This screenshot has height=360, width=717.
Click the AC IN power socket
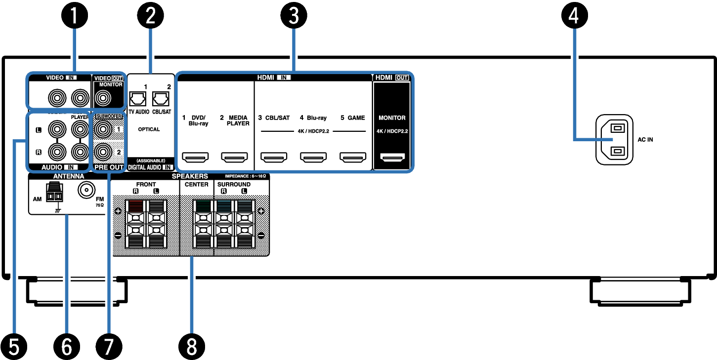pos(614,140)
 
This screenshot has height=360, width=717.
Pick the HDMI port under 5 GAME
pos(352,158)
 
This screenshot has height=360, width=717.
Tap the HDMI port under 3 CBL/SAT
pos(274,158)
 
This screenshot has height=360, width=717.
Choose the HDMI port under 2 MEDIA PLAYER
pos(235,158)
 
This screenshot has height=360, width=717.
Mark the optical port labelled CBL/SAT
pos(161,99)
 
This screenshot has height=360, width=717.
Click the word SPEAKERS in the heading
pos(190,176)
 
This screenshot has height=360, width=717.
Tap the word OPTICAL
pos(149,129)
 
